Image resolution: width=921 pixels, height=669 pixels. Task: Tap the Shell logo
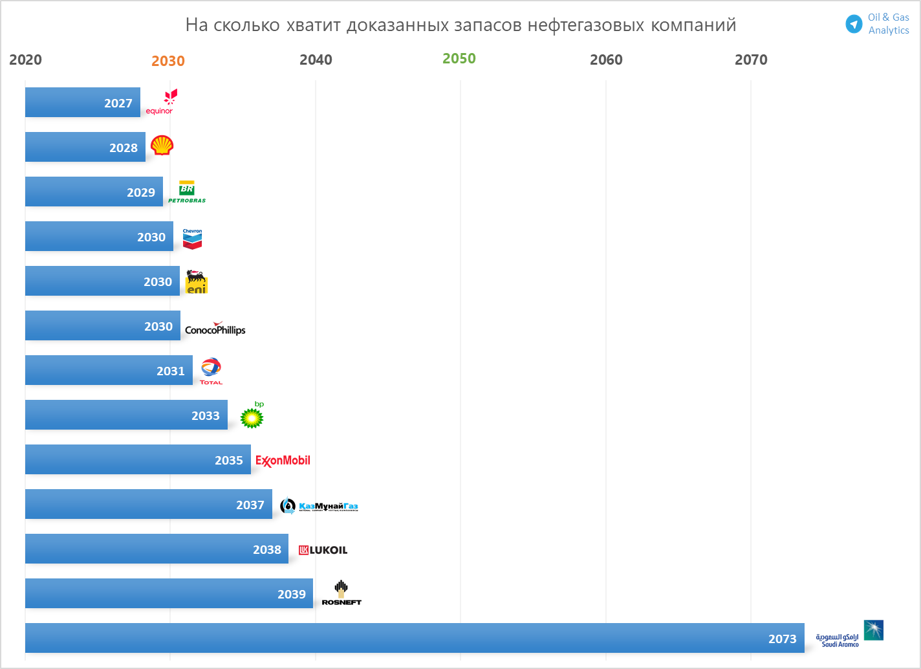(162, 146)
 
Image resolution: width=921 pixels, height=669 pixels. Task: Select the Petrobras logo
(187, 192)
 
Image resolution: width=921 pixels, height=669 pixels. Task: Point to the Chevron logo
(192, 239)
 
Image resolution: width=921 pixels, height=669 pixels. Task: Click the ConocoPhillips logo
(215, 329)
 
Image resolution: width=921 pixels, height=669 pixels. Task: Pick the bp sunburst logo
(252, 417)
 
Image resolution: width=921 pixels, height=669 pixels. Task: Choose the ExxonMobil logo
(283, 461)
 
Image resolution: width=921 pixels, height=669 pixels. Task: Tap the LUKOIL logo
(323, 550)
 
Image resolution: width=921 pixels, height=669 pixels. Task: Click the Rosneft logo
(341, 593)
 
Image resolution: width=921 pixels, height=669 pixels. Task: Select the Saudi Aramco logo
(849, 633)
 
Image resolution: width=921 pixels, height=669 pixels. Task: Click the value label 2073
(782, 639)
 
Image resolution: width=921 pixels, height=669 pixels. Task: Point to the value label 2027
(118, 104)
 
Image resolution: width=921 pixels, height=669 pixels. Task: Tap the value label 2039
(291, 595)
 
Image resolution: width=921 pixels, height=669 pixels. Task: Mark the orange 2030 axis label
(168, 61)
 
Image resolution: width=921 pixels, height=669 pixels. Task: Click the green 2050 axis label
(459, 59)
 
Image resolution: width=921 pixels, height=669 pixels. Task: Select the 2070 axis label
(751, 60)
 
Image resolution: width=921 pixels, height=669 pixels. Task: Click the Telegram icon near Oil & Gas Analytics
(854, 24)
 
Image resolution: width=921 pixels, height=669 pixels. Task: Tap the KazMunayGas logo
(320, 506)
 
